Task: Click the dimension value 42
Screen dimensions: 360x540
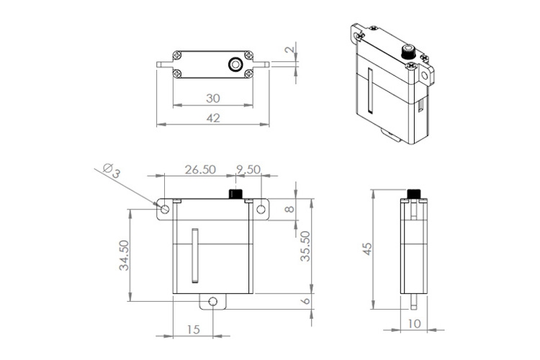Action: [x=213, y=117]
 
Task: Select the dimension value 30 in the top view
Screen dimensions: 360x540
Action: [x=213, y=97]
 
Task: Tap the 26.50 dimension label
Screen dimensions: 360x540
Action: [x=199, y=170]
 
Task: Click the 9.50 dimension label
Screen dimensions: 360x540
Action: [x=248, y=170]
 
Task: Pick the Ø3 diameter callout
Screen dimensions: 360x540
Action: [x=112, y=169]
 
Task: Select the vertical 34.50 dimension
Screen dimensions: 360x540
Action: [x=124, y=256]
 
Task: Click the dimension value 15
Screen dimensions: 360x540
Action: [x=193, y=329]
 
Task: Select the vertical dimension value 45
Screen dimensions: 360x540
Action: [x=366, y=248]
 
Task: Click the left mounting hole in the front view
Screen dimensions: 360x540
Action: [x=165, y=210]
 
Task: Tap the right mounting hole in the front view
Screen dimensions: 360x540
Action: [x=261, y=210]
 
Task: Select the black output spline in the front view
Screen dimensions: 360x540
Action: [x=235, y=194]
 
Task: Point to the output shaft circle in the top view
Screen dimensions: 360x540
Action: [x=234, y=64]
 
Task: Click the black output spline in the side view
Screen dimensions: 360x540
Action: [x=414, y=194]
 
